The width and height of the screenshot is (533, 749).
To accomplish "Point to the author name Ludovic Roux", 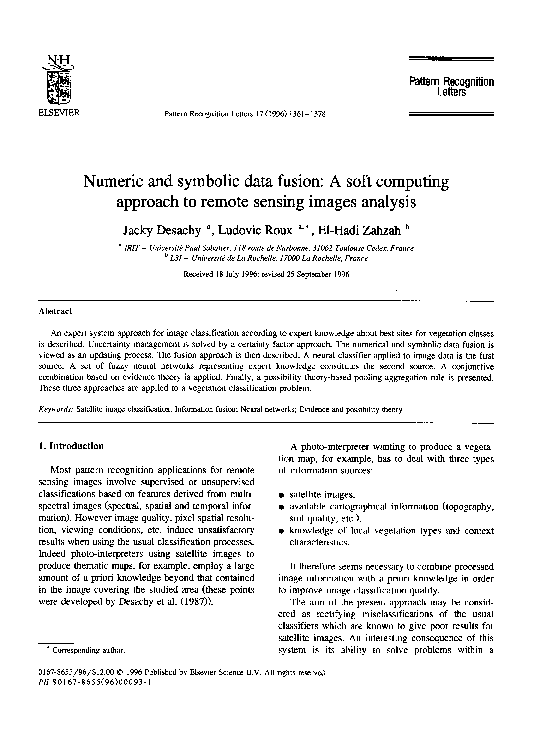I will click(253, 228).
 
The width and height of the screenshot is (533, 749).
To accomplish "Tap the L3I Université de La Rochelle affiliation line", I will click(267, 257).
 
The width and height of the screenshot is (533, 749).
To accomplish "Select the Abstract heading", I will click(55, 312).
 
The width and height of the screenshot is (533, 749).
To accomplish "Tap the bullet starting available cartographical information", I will click(370, 507).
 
